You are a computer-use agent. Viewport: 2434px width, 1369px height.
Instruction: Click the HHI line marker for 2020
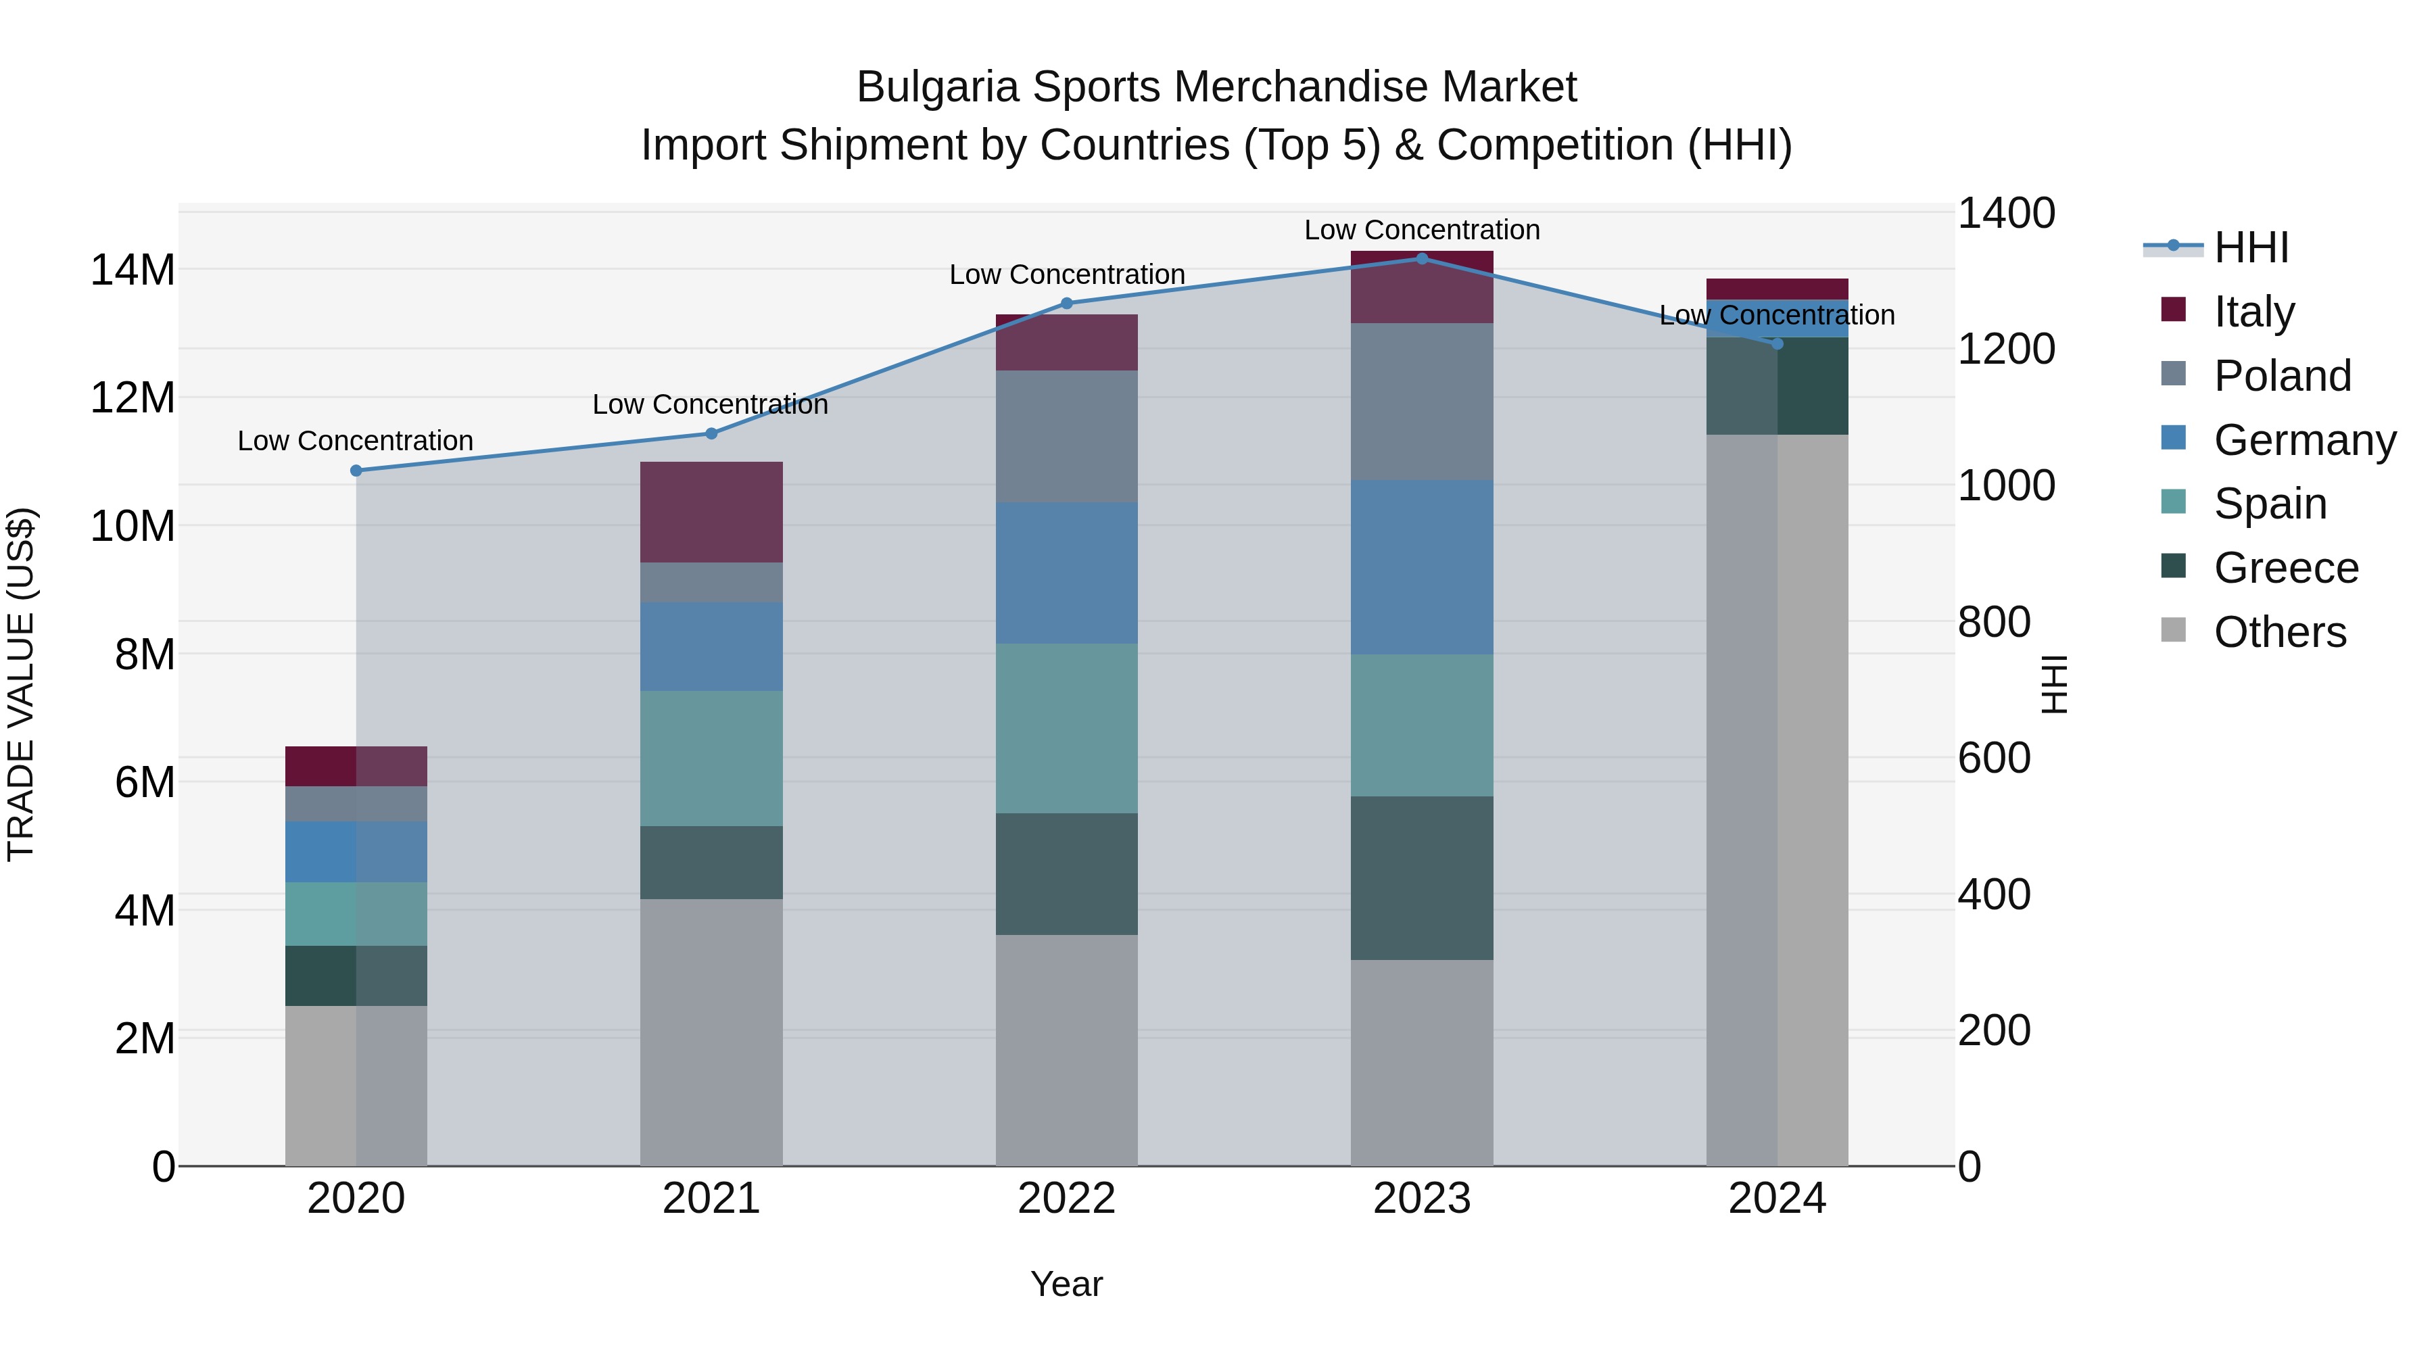point(356,471)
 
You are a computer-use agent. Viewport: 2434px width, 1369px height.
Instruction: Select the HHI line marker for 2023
point(1422,259)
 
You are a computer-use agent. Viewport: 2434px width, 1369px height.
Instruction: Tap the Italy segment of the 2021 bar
point(711,512)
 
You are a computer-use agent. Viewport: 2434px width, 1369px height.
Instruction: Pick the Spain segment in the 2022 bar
point(1067,728)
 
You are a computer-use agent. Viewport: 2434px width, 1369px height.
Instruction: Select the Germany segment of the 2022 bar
point(1067,573)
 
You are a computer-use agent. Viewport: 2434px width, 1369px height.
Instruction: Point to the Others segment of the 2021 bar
point(711,1032)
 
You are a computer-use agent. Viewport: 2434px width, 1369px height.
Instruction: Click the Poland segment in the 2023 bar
point(1422,402)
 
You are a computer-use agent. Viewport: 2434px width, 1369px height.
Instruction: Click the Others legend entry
point(2279,632)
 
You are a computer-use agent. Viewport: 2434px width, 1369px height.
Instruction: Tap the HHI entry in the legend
point(2251,247)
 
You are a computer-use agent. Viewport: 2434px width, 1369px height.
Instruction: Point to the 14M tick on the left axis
point(133,270)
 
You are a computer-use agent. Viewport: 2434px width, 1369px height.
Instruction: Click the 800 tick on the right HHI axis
point(1994,623)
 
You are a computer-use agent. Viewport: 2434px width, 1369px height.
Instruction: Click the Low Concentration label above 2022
point(1067,275)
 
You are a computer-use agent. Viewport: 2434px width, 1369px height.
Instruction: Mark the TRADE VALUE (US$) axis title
point(22,684)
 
